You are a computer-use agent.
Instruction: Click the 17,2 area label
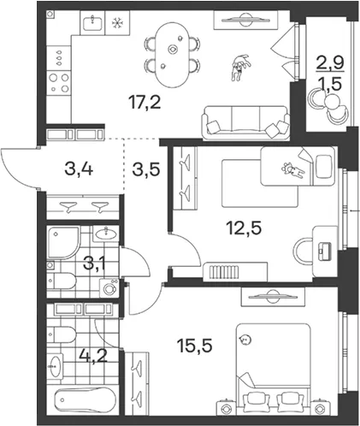(x=145, y=102)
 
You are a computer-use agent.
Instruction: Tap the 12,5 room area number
(x=244, y=228)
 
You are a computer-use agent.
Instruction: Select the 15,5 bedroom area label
(x=195, y=346)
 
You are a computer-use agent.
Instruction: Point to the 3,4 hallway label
(x=79, y=169)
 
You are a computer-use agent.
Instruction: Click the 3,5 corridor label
(x=146, y=169)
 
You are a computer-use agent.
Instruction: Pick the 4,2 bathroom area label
(x=93, y=356)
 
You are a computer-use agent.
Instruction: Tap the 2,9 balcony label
(x=330, y=62)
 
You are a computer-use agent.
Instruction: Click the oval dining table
(x=172, y=55)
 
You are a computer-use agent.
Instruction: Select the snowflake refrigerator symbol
(x=117, y=23)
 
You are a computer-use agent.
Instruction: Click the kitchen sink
(x=92, y=23)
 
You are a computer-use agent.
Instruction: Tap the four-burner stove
(x=59, y=83)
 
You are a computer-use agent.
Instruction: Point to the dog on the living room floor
(x=240, y=67)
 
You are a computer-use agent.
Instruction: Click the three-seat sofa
(x=245, y=122)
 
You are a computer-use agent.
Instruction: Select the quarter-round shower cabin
(x=62, y=243)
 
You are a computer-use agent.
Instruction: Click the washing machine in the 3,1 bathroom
(x=109, y=288)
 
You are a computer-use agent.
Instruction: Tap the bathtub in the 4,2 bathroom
(x=85, y=401)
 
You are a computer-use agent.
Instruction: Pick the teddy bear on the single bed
(x=292, y=170)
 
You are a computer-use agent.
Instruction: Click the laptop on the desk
(x=325, y=251)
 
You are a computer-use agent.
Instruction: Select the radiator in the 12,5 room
(x=223, y=272)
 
